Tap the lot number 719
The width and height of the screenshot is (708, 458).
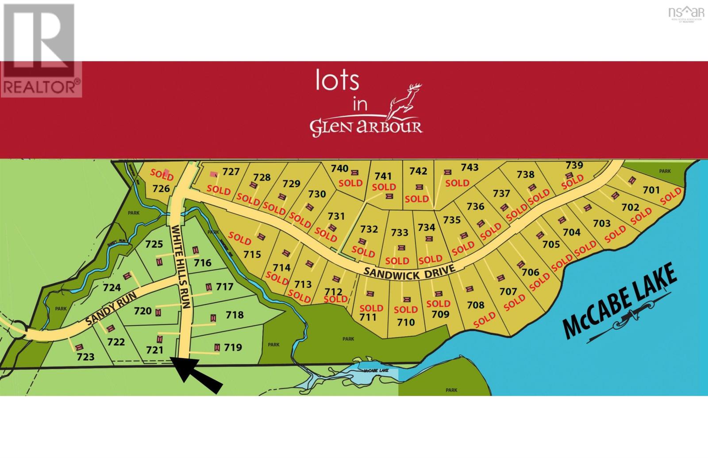click(233, 347)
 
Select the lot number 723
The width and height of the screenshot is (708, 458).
click(85, 357)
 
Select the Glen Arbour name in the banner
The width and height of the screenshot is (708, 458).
click(366, 127)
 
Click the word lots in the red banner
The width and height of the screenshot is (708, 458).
click(337, 80)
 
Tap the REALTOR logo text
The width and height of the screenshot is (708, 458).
click(41, 87)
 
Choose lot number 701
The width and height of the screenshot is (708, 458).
click(651, 190)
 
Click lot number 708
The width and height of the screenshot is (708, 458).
click(476, 305)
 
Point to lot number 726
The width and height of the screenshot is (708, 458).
click(161, 189)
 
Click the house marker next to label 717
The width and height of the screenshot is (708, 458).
click(208, 287)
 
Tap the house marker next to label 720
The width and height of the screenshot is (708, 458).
click(158, 312)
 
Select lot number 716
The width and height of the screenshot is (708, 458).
click(202, 263)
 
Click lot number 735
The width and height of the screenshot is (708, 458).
click(452, 219)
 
